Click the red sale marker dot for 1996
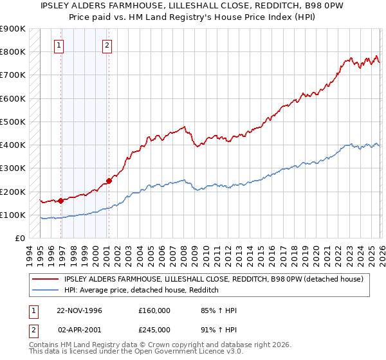[61, 201]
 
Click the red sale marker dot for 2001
[109, 181]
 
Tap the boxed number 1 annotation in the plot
[59, 45]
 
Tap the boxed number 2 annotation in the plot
[107, 45]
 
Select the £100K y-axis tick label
[14, 215]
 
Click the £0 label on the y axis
[19, 238]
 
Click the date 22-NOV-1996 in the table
[79, 310]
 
